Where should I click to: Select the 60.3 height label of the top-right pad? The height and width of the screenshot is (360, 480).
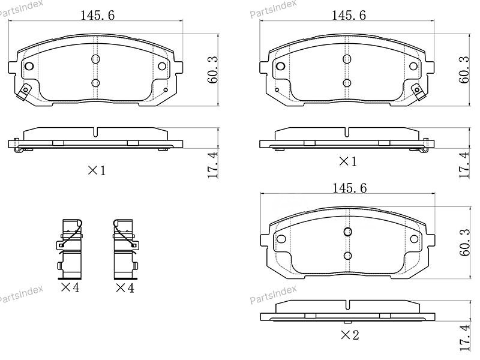pos(463,69)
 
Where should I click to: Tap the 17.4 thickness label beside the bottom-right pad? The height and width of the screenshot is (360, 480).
pos(463,337)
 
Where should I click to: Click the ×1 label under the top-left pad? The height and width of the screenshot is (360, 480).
pos(97,170)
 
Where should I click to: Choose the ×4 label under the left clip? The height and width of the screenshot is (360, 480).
pos(70,288)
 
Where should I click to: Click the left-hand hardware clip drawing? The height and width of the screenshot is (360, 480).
pos(70,248)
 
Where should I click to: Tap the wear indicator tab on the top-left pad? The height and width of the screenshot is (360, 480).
pos(24,92)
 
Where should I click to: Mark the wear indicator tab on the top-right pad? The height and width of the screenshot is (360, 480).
pos(419,92)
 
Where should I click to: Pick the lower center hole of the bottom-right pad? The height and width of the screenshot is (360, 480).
pos(347,256)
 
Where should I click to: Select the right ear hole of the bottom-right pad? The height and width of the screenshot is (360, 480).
pos(415,239)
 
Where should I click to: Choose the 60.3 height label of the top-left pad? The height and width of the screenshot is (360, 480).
pos(211,69)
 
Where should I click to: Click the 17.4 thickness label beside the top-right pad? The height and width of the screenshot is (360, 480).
pos(463,164)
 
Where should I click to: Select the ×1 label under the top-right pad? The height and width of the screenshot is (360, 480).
pos(347,161)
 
